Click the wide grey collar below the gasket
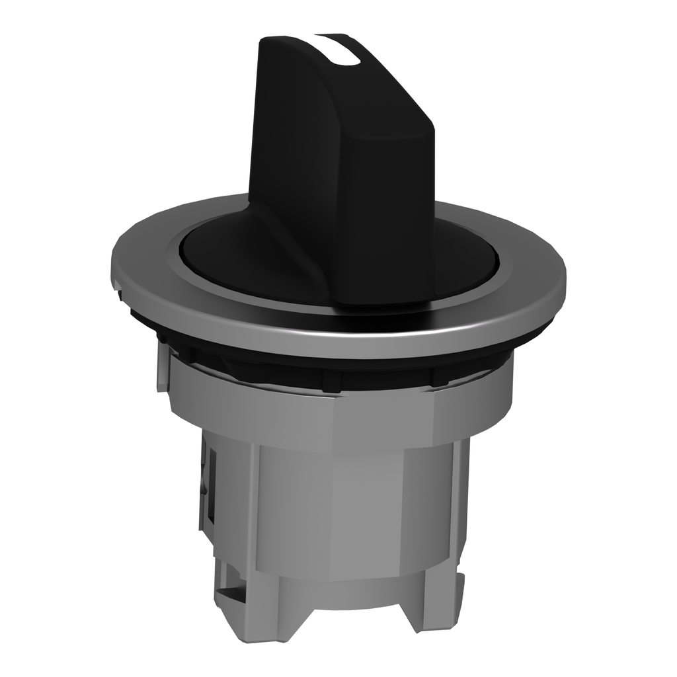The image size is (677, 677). [331, 417]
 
